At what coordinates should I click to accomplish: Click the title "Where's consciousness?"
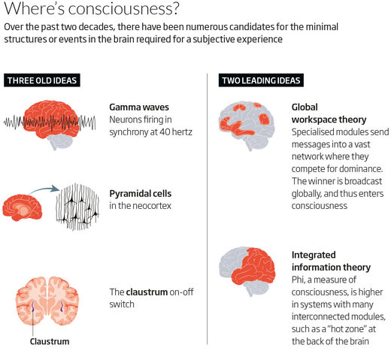(x=92, y=8)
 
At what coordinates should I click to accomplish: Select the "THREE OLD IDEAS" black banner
(x=42, y=80)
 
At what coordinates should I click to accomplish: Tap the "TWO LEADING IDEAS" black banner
(x=261, y=80)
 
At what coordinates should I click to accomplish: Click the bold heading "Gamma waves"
(x=139, y=107)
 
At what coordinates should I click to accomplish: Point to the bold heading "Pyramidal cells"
(x=141, y=194)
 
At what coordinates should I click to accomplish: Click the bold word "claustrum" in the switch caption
(x=147, y=292)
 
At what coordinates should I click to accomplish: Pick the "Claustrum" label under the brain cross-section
(x=50, y=341)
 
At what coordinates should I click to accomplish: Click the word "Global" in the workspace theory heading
(x=305, y=107)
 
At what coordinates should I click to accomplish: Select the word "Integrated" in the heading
(x=314, y=255)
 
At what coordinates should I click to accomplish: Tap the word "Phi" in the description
(x=298, y=280)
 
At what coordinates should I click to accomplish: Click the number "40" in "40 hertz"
(x=165, y=132)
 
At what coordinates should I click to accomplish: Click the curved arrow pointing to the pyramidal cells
(x=44, y=190)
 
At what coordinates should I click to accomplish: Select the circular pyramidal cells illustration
(x=77, y=207)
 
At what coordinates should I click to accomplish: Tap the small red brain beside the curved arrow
(x=22, y=207)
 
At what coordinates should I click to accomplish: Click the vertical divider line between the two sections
(x=208, y=209)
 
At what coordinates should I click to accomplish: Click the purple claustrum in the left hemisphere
(x=33, y=306)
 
